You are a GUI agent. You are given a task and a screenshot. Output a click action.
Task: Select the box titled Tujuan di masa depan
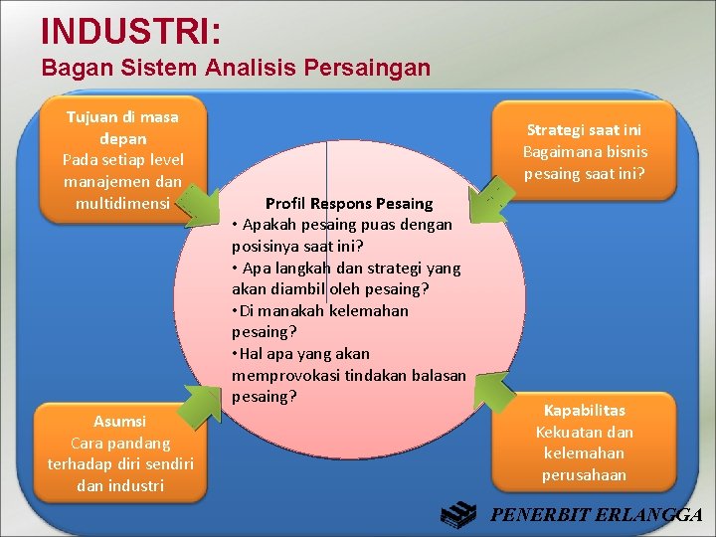pyautogui.click(x=122, y=158)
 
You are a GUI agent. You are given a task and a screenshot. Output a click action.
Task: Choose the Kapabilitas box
pyautogui.click(x=584, y=442)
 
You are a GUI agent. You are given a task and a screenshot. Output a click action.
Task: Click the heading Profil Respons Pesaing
pyautogui.click(x=348, y=203)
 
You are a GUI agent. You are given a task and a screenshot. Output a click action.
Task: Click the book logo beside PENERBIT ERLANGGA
pyautogui.click(x=460, y=514)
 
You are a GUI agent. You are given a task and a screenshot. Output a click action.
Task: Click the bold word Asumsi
pyautogui.click(x=119, y=421)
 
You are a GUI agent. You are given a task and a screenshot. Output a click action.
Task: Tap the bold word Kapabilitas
pyautogui.click(x=584, y=410)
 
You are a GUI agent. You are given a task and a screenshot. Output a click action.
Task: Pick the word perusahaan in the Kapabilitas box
pyautogui.click(x=584, y=474)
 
